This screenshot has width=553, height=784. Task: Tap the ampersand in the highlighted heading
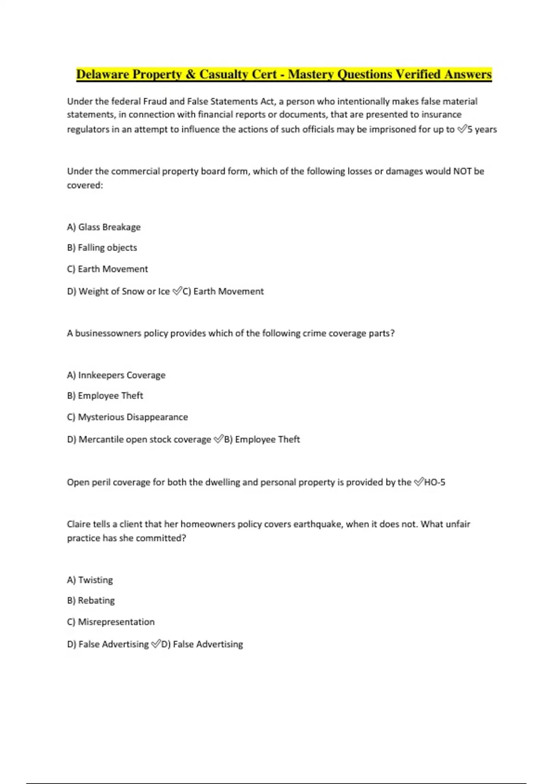pos(190,74)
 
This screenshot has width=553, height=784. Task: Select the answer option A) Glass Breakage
pos(104,227)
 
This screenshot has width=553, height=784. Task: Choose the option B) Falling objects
pos(102,248)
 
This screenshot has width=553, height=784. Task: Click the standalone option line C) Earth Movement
pos(107,269)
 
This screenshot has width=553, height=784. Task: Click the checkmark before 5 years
pos(462,130)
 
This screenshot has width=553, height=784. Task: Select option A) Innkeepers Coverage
pos(116,375)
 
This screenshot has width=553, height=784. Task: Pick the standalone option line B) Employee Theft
pos(105,396)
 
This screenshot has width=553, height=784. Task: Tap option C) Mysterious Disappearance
pos(127,417)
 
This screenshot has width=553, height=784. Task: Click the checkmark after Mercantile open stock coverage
pos(218,440)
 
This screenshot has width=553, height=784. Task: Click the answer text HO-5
pos(435,482)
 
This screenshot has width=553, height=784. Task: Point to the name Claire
pos(78,524)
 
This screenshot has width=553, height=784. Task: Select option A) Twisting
pos(90,580)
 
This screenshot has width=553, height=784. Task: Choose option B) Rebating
pos(91,600)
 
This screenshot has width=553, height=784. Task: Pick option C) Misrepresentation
pos(111,622)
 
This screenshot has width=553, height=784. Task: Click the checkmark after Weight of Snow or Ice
pos(177,291)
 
